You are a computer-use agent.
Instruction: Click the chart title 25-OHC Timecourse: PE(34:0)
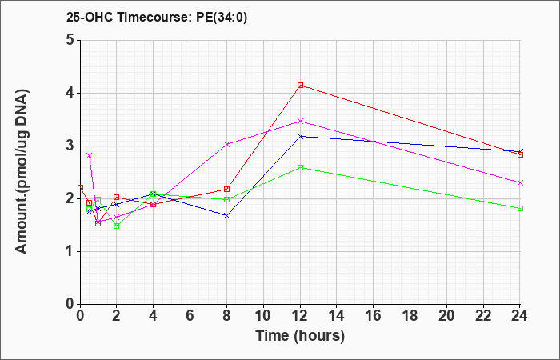tap(157, 17)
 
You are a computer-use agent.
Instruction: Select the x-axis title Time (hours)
tap(300, 336)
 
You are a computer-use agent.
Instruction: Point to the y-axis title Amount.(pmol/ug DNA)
tap(22, 172)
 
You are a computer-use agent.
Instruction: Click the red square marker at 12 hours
tap(300, 86)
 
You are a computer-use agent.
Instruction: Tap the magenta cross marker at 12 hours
tap(300, 122)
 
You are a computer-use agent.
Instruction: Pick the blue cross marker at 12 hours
tap(300, 136)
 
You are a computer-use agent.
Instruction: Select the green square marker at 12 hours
tap(300, 167)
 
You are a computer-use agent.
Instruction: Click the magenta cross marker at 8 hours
tap(226, 144)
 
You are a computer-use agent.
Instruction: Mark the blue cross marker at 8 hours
tap(226, 216)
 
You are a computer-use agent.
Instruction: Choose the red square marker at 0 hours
tap(80, 187)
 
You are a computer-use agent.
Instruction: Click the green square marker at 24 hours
tap(520, 208)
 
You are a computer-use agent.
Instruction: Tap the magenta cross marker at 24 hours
tap(520, 182)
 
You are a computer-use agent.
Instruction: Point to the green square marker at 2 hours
tap(117, 226)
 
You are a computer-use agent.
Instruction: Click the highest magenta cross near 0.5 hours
tap(90, 156)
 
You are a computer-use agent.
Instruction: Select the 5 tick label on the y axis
tap(70, 40)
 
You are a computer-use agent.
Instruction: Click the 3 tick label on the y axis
tap(70, 146)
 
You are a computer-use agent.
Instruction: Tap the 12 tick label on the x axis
tap(300, 316)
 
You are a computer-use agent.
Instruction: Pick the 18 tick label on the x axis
tap(410, 316)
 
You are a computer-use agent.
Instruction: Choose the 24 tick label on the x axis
tap(520, 316)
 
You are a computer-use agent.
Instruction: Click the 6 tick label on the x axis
tap(190, 316)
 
